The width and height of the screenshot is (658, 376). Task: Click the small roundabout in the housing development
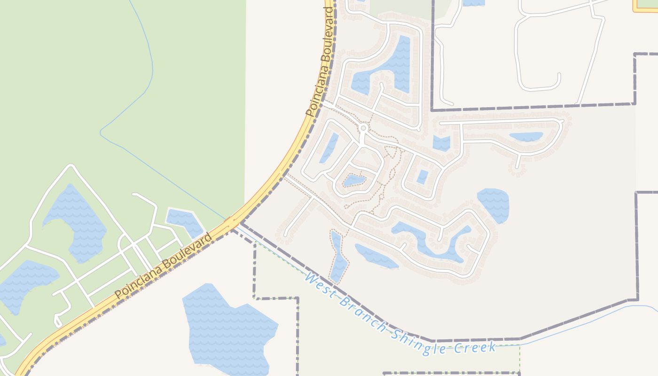363,128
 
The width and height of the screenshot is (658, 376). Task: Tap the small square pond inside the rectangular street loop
422,177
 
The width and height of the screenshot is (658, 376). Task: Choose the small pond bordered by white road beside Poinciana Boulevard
184,222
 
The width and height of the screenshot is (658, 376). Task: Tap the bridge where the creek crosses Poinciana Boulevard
232,221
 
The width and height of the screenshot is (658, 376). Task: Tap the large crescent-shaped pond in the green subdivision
75,221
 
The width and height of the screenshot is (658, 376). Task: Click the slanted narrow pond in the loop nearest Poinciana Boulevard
329,148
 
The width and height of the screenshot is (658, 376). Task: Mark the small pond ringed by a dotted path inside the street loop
354,180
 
